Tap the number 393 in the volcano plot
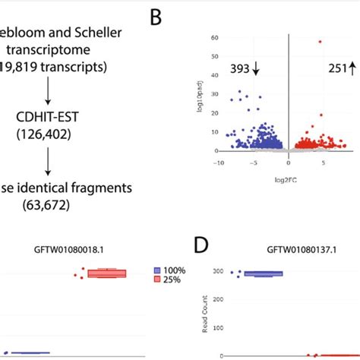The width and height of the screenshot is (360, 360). (x=240, y=70)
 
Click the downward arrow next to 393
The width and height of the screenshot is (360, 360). (x=256, y=70)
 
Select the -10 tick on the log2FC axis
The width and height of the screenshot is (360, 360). (x=219, y=161)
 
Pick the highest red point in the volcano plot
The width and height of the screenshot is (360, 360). (x=320, y=42)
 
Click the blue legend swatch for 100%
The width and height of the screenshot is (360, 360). (x=157, y=270)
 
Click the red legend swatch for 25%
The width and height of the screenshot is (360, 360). (x=157, y=280)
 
